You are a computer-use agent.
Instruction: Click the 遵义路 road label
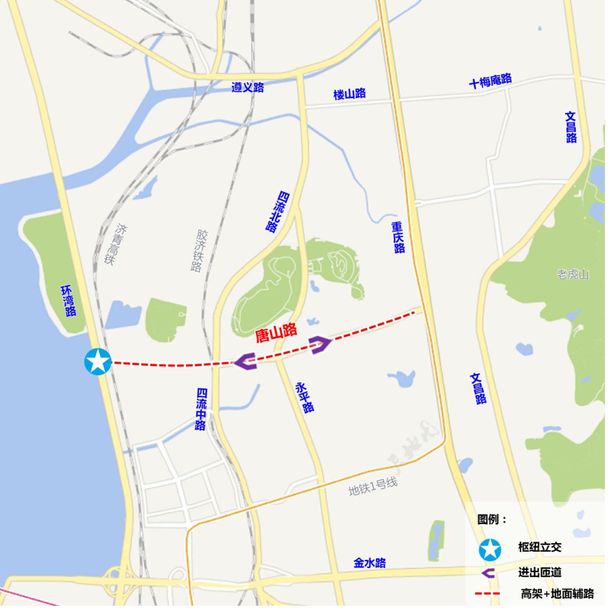click(248, 87)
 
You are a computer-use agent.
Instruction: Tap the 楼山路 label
click(350, 94)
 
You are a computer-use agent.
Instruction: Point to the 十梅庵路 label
click(491, 81)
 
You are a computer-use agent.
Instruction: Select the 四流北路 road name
click(277, 212)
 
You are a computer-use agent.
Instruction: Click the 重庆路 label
click(399, 237)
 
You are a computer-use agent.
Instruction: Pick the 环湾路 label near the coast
click(69, 301)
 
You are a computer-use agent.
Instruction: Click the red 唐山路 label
click(276, 333)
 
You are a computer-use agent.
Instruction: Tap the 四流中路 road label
click(201, 409)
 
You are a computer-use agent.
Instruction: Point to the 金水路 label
click(370, 562)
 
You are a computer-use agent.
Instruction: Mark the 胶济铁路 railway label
click(198, 250)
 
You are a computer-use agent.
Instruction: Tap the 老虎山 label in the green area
click(572, 275)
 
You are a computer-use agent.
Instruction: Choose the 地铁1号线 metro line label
click(373, 487)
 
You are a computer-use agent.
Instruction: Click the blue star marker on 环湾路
click(98, 362)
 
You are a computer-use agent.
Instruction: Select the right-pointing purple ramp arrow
click(320, 344)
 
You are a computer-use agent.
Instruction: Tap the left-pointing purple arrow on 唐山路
click(245, 361)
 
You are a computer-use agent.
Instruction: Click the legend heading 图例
click(492, 519)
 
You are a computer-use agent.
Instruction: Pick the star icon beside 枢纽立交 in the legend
click(489, 549)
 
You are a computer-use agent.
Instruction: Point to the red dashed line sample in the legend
click(488, 593)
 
